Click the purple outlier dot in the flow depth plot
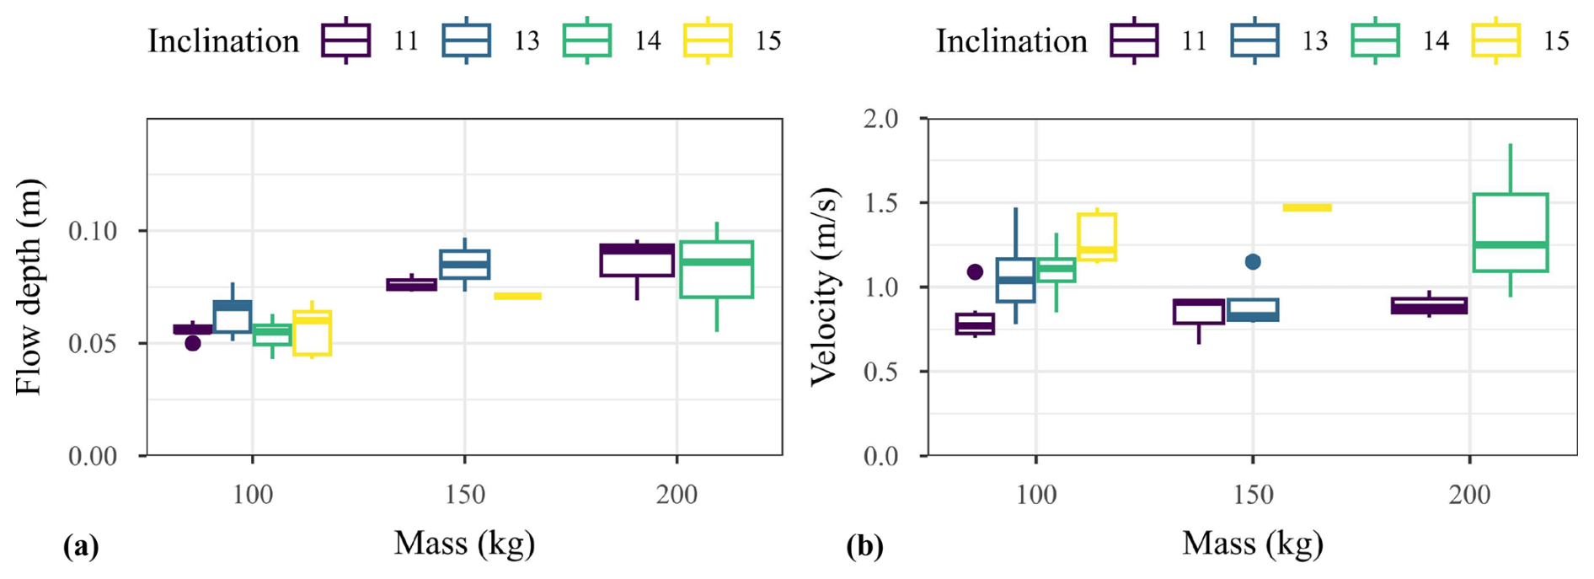193,343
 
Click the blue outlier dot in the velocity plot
1253,262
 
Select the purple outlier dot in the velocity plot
975,271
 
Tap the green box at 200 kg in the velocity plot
1511,233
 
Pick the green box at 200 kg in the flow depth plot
716,270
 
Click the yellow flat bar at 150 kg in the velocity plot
1307,207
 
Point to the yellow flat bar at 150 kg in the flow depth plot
517,296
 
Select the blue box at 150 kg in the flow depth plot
464,264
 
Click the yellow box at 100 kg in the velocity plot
1097,237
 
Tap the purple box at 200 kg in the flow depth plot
637,260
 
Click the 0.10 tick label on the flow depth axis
93,231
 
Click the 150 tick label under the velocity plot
1253,495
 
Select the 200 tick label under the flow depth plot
677,495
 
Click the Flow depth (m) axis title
29,287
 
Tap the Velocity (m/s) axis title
825,287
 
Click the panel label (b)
864,547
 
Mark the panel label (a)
81,547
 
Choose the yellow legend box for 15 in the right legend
1496,40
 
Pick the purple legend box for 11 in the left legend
345,40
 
